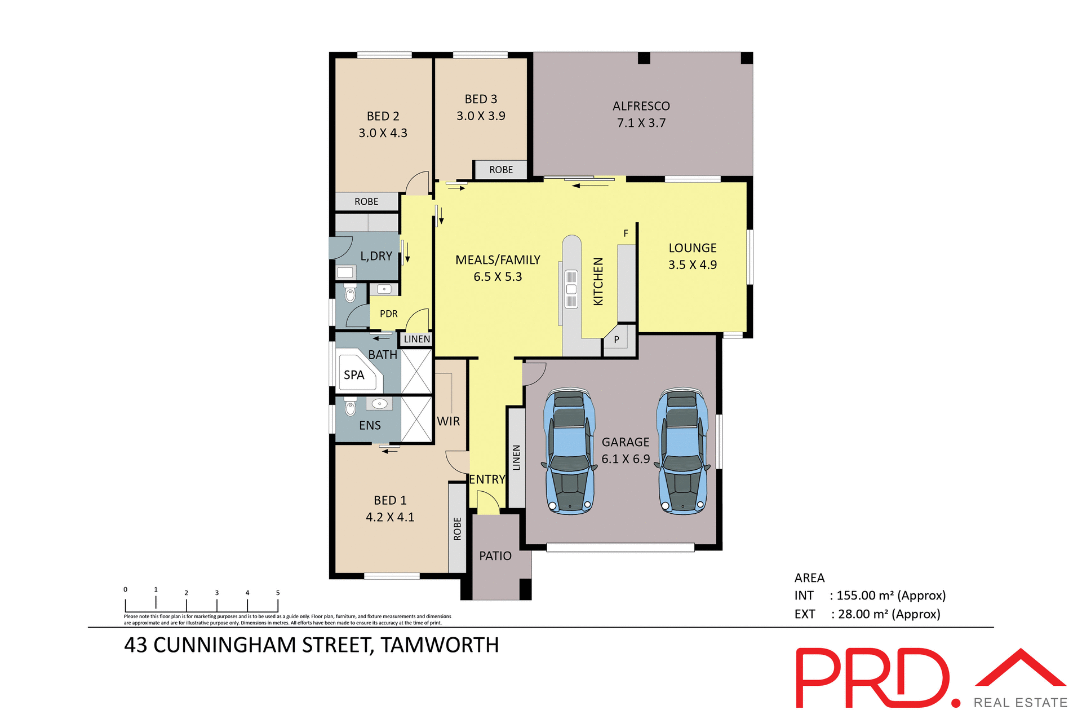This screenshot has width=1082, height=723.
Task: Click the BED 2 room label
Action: (x=383, y=116)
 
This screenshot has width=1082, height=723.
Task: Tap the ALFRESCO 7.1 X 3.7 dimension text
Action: (x=641, y=123)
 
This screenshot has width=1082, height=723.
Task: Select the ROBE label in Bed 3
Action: (x=500, y=170)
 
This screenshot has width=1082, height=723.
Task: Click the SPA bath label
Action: (x=354, y=375)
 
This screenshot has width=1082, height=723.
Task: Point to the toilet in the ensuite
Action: (x=350, y=407)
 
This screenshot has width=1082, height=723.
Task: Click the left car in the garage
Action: (x=570, y=451)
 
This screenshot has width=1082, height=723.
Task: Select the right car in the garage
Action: (x=682, y=451)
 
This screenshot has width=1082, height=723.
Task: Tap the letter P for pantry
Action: (x=617, y=340)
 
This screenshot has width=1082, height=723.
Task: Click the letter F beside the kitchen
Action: (x=626, y=233)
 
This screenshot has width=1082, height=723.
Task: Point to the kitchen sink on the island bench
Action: (x=571, y=289)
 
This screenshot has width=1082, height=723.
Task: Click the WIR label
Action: (x=449, y=421)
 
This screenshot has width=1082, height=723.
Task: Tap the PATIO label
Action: (x=495, y=556)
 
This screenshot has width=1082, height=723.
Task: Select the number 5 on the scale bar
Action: (x=278, y=593)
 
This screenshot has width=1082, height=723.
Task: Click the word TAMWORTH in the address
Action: (x=440, y=645)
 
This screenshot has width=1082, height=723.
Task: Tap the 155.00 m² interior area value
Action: (x=865, y=596)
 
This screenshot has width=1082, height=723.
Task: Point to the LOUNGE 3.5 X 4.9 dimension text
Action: (x=692, y=264)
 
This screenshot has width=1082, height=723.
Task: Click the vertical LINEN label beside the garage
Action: (x=516, y=457)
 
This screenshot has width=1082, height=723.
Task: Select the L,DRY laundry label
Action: (x=376, y=256)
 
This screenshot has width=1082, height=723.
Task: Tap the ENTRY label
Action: (x=487, y=479)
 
